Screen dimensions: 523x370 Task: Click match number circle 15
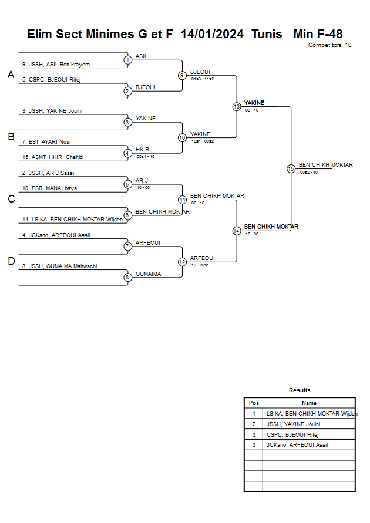(291, 169)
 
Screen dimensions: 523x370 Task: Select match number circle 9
(183, 75)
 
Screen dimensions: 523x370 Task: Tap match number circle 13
(237, 107)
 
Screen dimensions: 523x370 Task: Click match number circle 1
(127, 60)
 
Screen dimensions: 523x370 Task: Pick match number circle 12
(183, 262)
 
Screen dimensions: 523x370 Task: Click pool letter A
(11, 75)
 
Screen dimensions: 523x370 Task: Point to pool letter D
(11, 262)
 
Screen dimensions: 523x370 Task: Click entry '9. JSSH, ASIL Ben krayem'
(56, 65)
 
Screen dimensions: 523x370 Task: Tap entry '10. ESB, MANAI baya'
(49, 188)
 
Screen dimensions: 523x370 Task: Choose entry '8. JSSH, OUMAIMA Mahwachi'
(59, 266)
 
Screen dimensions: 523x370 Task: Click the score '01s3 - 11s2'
(203, 79)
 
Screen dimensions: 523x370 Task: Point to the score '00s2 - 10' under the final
(309, 172)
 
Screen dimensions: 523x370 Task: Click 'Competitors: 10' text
(330, 45)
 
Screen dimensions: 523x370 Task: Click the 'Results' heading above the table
(300, 390)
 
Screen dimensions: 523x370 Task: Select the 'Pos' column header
(254, 403)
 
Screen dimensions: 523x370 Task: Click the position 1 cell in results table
(254, 414)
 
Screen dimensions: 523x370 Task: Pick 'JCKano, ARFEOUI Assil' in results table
(297, 445)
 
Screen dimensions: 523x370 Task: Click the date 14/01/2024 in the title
(212, 34)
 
